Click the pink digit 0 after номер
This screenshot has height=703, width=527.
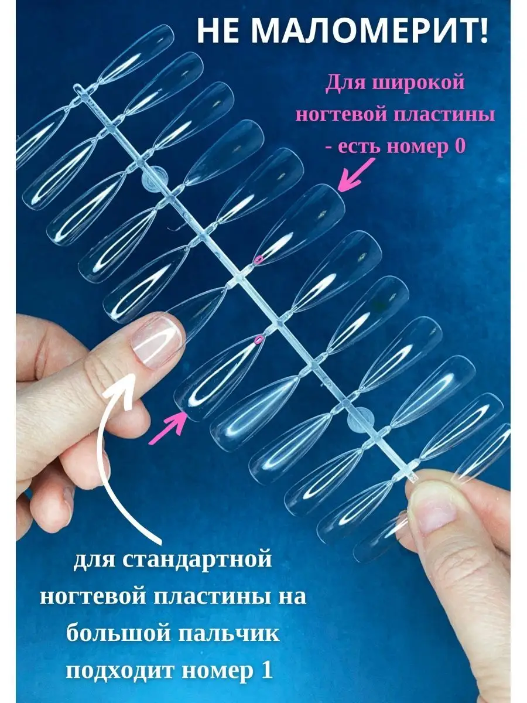(460, 146)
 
